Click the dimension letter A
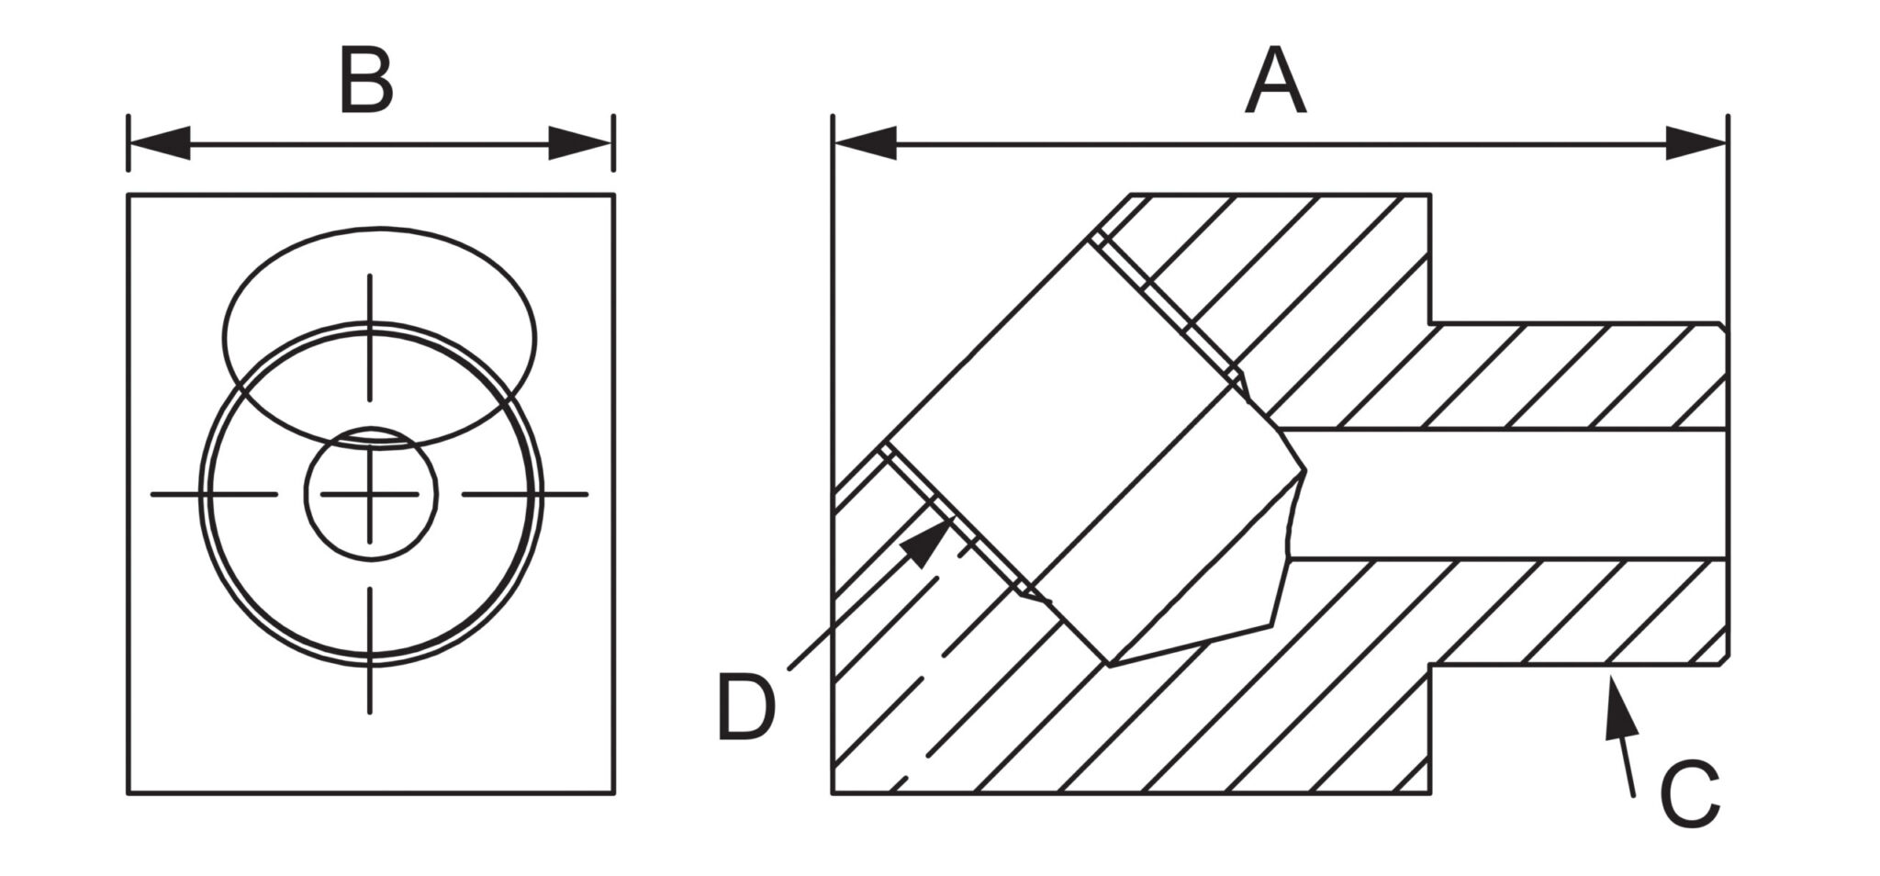click(x=1276, y=82)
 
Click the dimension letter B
click(x=366, y=82)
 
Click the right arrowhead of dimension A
click(x=1696, y=143)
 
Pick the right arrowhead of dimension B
click(x=580, y=143)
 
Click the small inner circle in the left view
click(x=371, y=494)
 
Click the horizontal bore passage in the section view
click(x=1505, y=493)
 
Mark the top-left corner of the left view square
click(x=128, y=195)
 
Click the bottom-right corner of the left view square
click(x=614, y=792)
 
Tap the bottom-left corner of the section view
click(x=834, y=792)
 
